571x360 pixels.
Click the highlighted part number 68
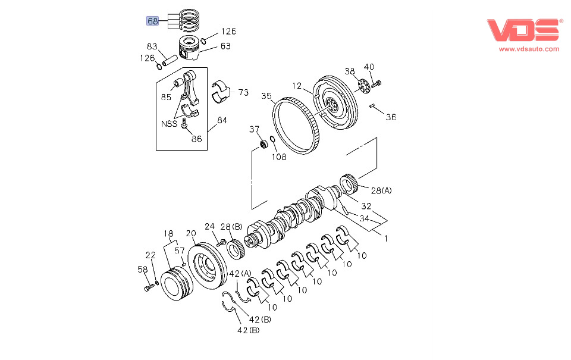153,21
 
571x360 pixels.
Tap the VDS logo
523,30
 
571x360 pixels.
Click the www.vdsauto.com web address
529,49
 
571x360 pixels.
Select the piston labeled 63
189,48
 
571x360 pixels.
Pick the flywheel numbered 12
335,102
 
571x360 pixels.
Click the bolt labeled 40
376,84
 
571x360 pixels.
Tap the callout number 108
279,157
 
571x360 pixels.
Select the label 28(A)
381,190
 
